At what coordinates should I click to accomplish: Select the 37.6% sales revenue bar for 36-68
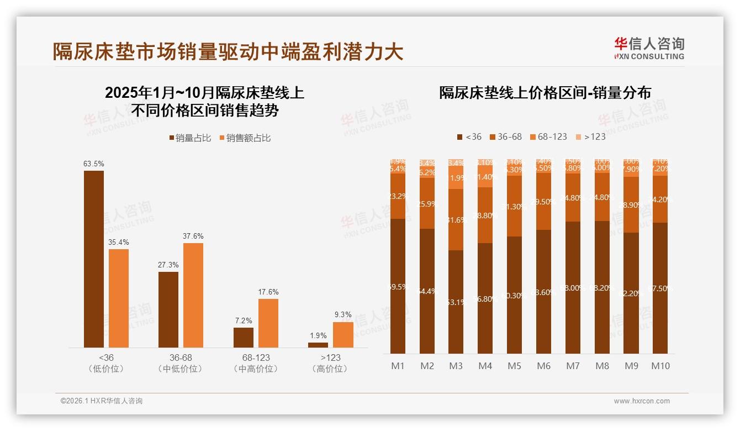193,295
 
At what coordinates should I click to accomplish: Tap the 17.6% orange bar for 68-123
268,323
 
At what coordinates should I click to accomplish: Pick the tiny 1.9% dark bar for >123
318,345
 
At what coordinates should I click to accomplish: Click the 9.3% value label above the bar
343,314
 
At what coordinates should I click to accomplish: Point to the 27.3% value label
168,265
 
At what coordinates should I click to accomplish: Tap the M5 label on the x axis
514,366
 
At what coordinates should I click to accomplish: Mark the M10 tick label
660,366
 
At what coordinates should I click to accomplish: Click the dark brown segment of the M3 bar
456,302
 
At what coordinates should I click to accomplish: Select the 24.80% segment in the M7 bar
573,198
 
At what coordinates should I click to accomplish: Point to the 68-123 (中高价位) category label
256,363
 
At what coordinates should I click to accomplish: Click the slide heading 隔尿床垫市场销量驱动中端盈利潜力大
228,51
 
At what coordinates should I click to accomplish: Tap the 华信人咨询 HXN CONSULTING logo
649,48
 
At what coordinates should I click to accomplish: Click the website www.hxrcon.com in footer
641,401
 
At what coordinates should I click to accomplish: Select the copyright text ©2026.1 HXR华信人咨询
102,401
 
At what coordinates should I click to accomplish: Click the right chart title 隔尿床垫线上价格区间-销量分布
545,92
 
